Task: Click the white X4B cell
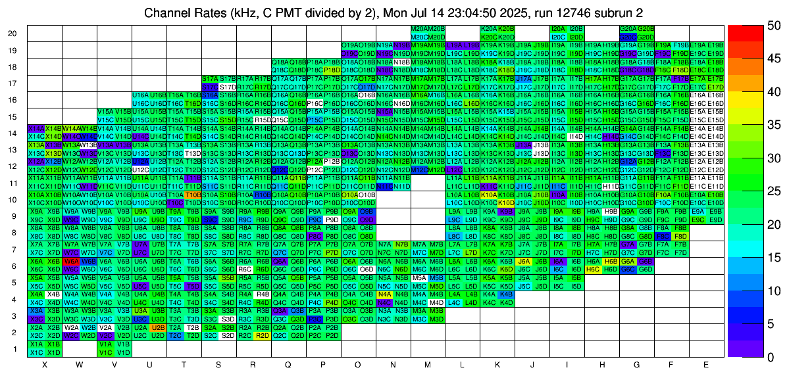[53, 294]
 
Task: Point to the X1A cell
[36, 344]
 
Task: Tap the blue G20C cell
[628, 37]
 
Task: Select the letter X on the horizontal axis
[45, 364]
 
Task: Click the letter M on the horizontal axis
[428, 364]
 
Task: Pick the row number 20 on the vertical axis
[13, 34]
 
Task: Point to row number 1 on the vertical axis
[14, 348]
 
